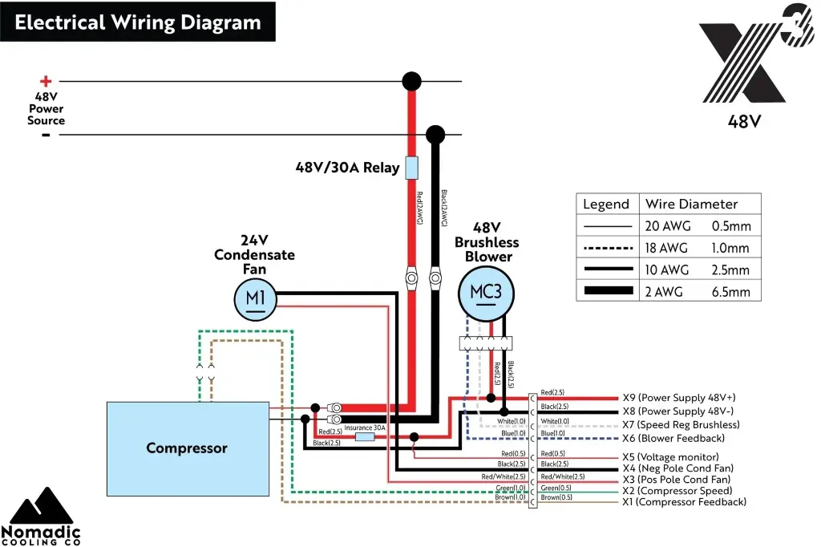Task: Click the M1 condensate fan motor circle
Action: pos(255,299)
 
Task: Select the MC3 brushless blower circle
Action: pos(486,292)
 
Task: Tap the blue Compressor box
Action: pos(188,448)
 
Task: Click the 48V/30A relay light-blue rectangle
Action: pos(410,168)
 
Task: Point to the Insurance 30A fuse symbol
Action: pos(365,437)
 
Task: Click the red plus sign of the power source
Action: pos(46,81)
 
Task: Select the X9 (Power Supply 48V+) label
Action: pos(678,398)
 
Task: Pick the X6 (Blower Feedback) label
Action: pos(673,439)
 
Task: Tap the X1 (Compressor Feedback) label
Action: pos(684,502)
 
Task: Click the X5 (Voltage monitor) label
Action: pos(670,456)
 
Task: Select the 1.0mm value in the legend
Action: pos(730,248)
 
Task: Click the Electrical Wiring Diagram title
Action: pos(138,22)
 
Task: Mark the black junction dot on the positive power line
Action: pos(411,81)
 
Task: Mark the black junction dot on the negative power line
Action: pos(435,134)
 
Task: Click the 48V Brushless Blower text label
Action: pos(487,242)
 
